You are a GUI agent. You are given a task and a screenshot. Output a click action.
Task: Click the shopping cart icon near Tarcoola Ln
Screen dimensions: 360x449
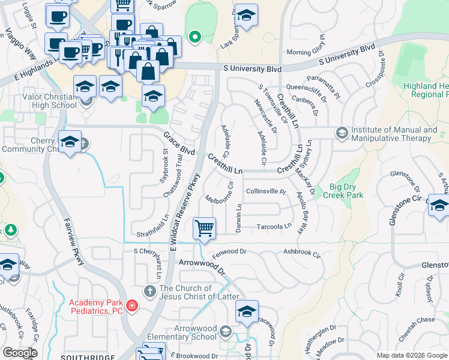[x=204, y=229]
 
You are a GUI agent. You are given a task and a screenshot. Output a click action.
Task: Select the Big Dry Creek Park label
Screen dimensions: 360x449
[x=343, y=190]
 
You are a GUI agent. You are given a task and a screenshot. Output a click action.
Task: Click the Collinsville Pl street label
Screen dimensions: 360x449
[x=268, y=191]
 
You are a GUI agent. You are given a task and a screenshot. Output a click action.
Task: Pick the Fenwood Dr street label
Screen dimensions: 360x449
[x=229, y=252]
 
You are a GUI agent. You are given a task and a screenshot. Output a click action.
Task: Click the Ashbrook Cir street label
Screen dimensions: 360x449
[x=302, y=253]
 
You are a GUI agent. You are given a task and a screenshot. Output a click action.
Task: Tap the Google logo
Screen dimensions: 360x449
[x=20, y=353]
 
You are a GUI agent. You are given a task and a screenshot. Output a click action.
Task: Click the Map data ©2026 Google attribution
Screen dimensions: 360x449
[x=411, y=355]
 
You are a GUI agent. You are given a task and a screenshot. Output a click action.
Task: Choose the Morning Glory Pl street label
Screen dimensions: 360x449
[x=307, y=52]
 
